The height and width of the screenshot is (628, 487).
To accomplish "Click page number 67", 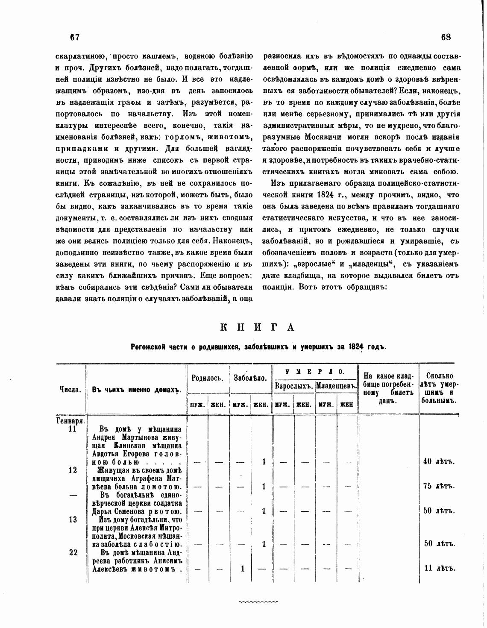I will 75,37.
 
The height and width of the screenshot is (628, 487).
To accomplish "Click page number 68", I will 446,37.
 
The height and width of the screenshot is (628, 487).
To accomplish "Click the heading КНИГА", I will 258,327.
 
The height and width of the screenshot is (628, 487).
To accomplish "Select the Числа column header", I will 70,390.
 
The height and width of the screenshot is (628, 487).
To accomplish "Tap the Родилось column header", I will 208,378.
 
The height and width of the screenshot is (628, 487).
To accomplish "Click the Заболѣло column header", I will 250,378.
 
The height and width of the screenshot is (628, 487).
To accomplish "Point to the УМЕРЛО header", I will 315,371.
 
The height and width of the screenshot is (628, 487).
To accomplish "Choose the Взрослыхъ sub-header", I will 293,386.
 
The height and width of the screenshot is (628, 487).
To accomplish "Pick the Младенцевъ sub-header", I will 336,386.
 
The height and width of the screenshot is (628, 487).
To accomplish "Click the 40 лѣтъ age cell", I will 438,461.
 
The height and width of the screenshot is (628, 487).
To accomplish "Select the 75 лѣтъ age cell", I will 438,486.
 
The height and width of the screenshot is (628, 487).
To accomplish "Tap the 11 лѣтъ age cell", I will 438,569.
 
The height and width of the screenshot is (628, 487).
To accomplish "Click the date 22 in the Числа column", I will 73,552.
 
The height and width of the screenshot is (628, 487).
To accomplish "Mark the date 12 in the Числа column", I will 73,470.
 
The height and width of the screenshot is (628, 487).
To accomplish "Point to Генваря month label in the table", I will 71,421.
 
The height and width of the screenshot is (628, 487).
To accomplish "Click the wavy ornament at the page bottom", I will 258,602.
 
